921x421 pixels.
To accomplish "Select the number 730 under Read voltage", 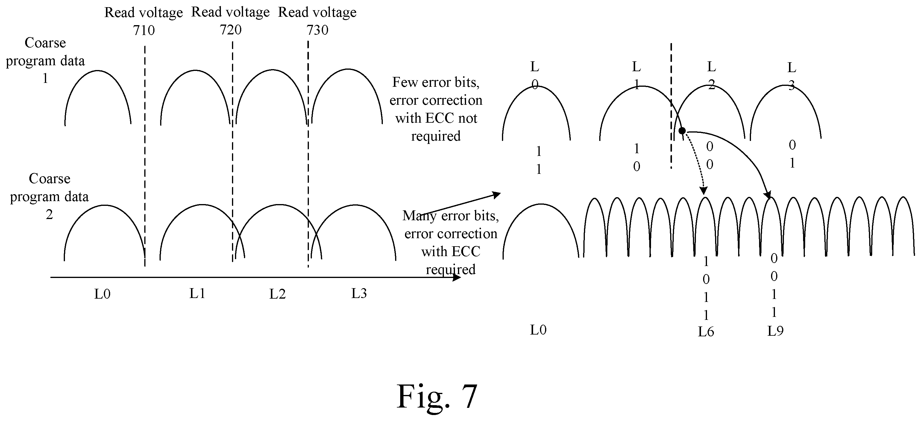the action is tap(318, 30).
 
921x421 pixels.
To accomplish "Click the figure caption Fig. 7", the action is tap(437, 397).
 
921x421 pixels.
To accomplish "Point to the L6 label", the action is tap(706, 332).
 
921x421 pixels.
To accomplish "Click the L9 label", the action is tap(775, 331).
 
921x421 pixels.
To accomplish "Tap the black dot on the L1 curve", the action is tap(682, 131).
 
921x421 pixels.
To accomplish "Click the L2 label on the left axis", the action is tap(277, 294).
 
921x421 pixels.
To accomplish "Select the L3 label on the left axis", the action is tap(359, 294).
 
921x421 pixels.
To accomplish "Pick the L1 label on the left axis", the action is tap(197, 294).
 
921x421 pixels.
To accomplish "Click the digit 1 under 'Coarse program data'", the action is tap(45, 78).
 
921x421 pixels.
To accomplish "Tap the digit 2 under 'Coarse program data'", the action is tap(49, 215).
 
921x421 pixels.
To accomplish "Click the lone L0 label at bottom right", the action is tap(538, 330).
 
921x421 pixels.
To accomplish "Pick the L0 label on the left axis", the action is tap(102, 294).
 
